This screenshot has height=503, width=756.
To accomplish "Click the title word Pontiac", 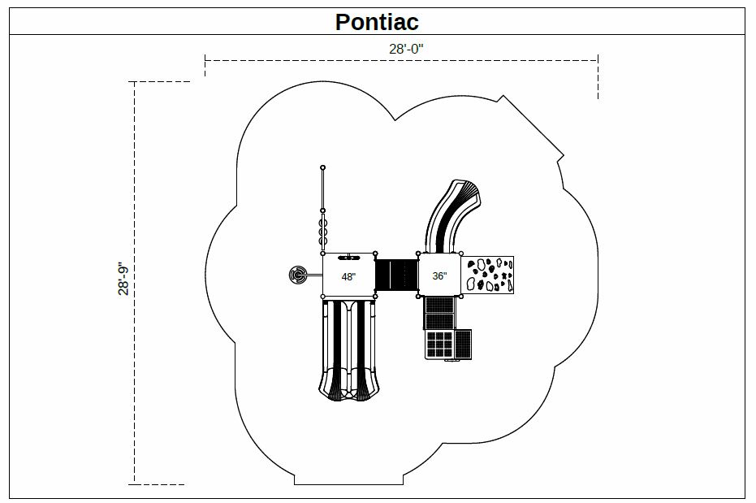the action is [x=377, y=22].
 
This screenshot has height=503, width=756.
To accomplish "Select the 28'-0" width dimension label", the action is [x=406, y=49].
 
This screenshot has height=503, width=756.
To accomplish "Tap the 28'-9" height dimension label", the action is [x=123, y=280].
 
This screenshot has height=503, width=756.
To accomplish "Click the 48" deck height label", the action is [x=348, y=277].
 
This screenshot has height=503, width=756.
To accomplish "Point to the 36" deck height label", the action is [x=439, y=275].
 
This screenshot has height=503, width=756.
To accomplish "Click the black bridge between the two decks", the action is [x=396, y=275].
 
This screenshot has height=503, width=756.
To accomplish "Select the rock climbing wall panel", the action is [x=487, y=275].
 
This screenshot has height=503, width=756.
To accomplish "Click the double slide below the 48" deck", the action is [x=348, y=349].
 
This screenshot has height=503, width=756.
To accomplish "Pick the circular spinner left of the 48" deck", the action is [x=297, y=275].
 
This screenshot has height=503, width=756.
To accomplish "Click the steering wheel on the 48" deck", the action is [x=348, y=258].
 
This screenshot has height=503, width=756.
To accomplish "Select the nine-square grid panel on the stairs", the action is [x=438, y=345].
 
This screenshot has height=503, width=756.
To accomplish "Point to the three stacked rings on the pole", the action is [x=322, y=232].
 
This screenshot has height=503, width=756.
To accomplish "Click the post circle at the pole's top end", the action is [x=322, y=167].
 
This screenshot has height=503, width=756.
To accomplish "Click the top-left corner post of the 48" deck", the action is [x=322, y=254].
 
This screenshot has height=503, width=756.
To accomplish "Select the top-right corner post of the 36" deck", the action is [x=461, y=254].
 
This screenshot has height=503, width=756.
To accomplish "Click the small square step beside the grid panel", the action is [x=463, y=345].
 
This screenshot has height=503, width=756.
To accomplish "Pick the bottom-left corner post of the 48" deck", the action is [x=322, y=296].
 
